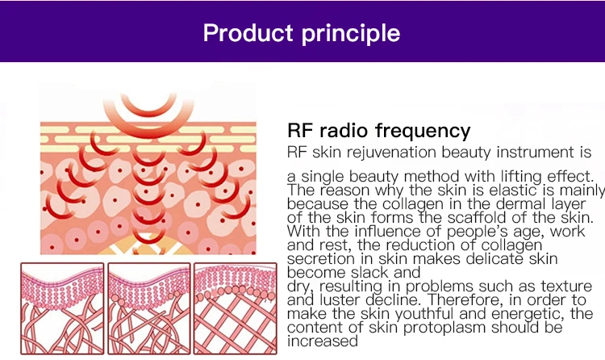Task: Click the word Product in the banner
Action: [x=248, y=33]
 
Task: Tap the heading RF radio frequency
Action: [x=378, y=131]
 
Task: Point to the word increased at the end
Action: [x=322, y=341]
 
